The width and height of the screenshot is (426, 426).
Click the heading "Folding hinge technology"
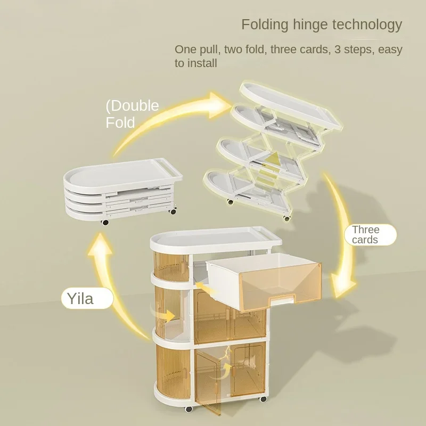click(322, 24)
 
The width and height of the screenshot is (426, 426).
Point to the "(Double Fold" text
click(132, 113)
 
